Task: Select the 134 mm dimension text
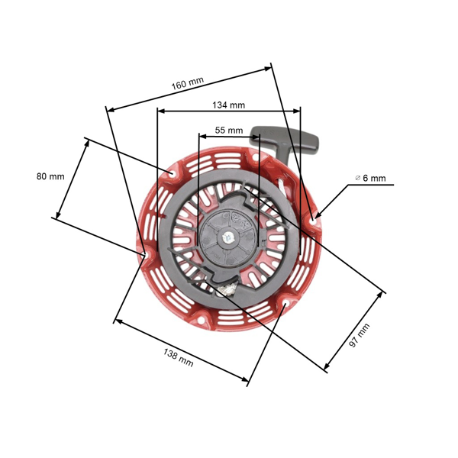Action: click(x=228, y=105)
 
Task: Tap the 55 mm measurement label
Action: click(x=229, y=131)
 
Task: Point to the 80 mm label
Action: click(x=50, y=176)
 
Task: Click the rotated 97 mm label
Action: click(x=360, y=337)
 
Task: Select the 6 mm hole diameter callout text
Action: click(x=374, y=179)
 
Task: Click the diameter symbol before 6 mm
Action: click(x=357, y=179)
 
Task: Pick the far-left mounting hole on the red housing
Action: click(x=145, y=253)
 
